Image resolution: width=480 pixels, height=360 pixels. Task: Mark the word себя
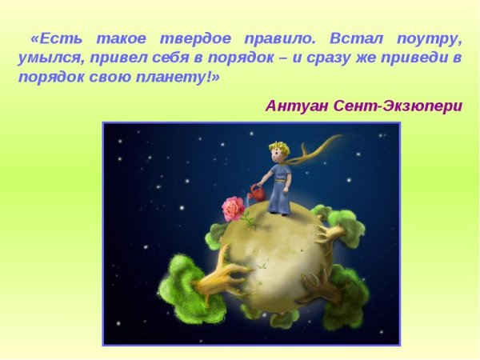coord(169,58)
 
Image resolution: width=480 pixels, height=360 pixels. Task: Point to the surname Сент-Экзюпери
coord(399,106)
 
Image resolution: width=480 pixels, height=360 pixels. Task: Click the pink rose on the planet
coord(233,209)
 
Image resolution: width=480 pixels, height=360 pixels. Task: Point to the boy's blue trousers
coord(278,197)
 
